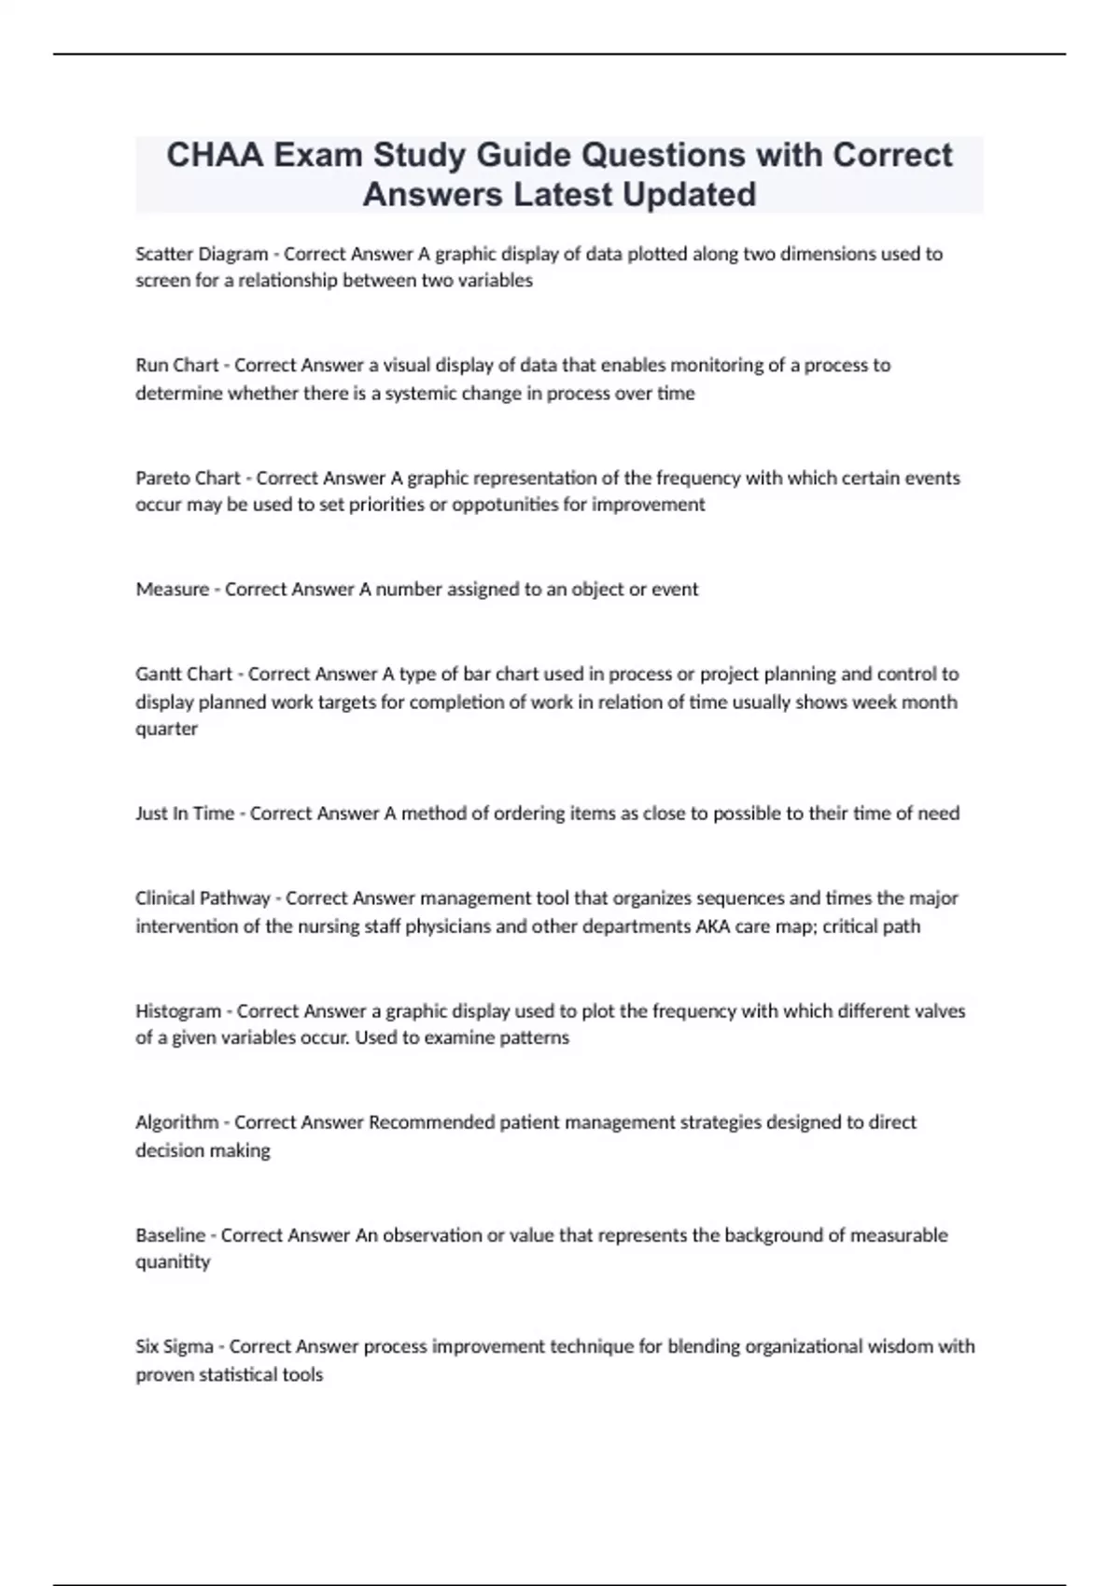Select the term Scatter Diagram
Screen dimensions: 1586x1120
201,254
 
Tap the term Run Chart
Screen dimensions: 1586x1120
176,366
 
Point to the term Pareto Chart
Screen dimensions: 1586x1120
188,478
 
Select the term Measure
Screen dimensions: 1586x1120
172,590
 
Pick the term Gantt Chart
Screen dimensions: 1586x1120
184,674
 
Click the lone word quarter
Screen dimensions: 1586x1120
166,729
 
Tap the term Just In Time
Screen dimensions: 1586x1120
185,814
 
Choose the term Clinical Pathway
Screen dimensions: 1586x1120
203,898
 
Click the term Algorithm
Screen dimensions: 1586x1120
176,1122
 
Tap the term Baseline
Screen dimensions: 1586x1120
170,1235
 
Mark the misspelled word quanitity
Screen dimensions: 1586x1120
173,1261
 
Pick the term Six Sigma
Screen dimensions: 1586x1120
174,1347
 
